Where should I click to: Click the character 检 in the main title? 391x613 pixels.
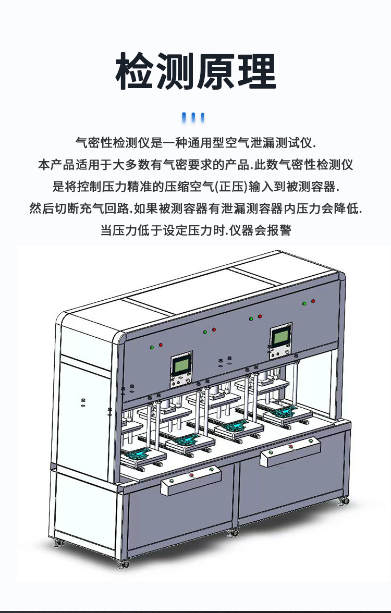pyautogui.click(x=136, y=71)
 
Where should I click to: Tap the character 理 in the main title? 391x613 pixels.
pyautogui.click(x=257, y=71)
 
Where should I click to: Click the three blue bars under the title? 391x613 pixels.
pyautogui.click(x=193, y=118)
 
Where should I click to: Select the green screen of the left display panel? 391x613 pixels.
pyautogui.click(x=182, y=366)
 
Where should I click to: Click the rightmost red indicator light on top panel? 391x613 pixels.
pyautogui.click(x=313, y=301)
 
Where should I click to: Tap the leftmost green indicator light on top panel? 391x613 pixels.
pyautogui.click(x=152, y=347)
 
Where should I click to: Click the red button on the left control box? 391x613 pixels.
pyautogui.click(x=191, y=475)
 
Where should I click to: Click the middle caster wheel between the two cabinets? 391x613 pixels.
pyautogui.click(x=234, y=532)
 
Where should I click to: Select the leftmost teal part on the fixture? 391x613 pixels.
pyautogui.click(x=138, y=453)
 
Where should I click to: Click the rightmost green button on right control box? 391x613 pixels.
pyautogui.click(x=311, y=441)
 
